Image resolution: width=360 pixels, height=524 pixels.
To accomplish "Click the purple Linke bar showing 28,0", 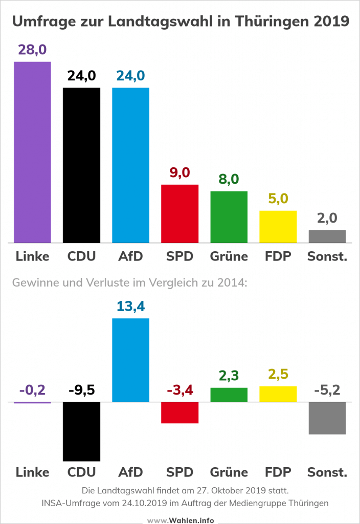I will click(x=32, y=152).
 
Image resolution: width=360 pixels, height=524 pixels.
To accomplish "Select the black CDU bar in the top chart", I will click(x=81, y=165).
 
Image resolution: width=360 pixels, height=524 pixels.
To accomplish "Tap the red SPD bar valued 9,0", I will click(x=179, y=213).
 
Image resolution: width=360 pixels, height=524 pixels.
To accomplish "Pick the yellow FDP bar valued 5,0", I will click(x=278, y=227).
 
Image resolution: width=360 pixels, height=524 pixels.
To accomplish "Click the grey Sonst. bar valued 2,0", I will click(x=327, y=236).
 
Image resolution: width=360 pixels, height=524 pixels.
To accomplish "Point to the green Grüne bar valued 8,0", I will click(x=229, y=217).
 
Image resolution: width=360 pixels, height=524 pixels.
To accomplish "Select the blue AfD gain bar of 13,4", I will click(x=130, y=360).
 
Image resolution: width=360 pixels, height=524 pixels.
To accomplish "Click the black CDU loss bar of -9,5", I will click(x=81, y=431).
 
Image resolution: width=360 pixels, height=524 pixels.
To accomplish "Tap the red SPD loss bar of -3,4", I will click(x=179, y=412).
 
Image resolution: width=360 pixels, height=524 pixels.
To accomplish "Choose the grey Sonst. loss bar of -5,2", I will click(x=327, y=418).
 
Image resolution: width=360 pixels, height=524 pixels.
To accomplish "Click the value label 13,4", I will click(x=130, y=307).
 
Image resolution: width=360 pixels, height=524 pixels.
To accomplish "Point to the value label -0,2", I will click(x=32, y=391).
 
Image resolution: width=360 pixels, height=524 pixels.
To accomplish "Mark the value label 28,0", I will click(x=32, y=50).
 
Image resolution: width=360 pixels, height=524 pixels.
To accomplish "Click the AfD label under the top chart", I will click(x=130, y=256).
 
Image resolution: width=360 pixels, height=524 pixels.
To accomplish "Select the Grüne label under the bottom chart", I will click(x=229, y=472).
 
